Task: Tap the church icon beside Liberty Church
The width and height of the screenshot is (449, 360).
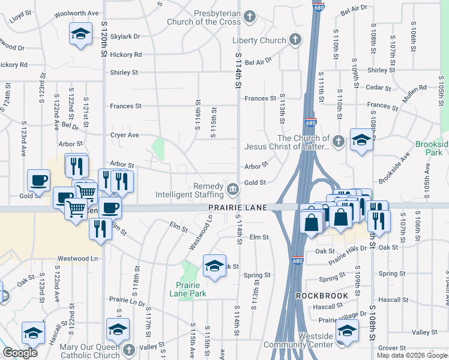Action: tap(295, 40)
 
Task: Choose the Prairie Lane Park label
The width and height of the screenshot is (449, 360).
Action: tap(191, 289)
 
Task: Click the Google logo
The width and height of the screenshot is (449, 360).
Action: tap(20, 353)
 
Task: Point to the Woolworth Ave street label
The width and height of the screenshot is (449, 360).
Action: tap(76, 13)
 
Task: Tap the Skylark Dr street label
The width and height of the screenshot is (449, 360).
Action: tap(125, 37)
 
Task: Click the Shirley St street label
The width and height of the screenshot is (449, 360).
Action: tap(124, 73)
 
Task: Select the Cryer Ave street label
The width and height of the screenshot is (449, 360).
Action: tap(124, 135)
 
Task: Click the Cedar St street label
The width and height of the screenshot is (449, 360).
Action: tap(378, 87)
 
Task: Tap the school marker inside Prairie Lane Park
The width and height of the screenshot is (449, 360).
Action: tap(214, 265)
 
